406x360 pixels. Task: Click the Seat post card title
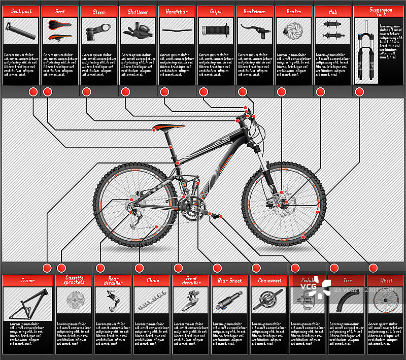21,11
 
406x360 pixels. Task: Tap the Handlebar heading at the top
177,11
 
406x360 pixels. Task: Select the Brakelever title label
255,11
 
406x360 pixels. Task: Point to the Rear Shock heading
230,281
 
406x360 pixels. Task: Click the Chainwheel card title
269,281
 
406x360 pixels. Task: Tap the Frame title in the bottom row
28,281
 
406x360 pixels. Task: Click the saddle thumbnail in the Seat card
60,30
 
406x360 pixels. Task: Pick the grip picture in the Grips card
216,30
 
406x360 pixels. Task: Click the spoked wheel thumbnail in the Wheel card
386,301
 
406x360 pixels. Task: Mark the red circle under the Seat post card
33,92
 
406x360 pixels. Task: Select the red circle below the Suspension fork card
359,92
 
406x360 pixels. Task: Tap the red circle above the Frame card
47,268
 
